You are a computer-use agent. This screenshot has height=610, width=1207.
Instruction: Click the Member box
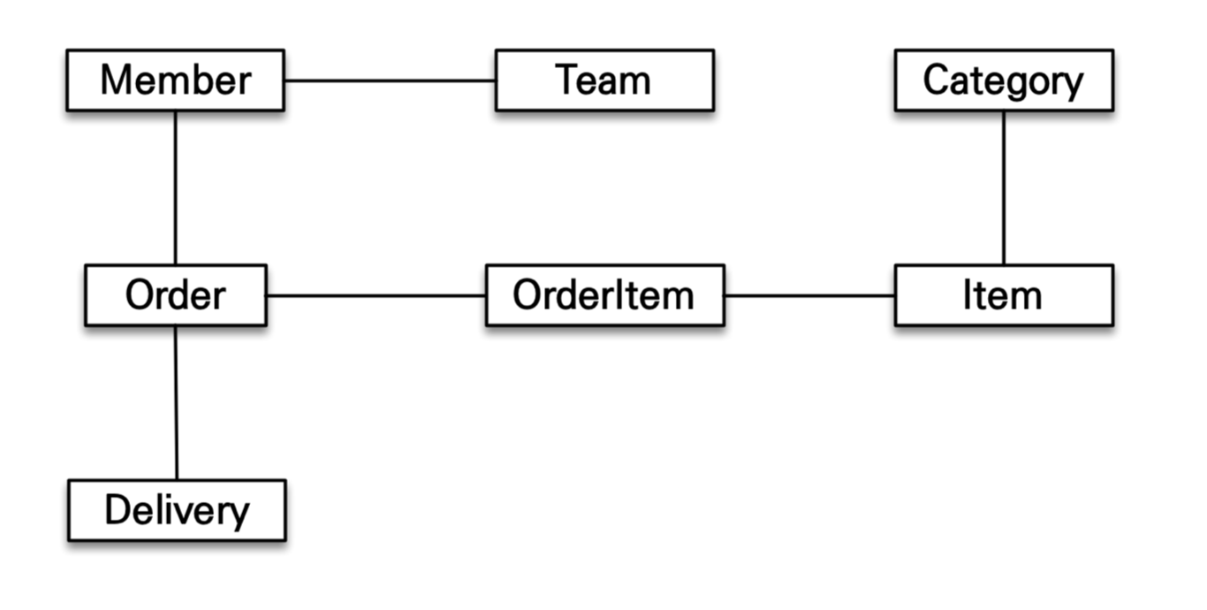tap(176, 80)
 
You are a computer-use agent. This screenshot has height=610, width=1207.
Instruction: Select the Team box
tap(604, 80)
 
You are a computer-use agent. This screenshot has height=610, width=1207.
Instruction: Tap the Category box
tap(1004, 80)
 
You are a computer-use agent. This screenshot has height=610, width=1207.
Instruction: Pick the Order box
tap(176, 295)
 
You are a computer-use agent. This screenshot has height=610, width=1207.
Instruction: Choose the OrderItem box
tap(605, 295)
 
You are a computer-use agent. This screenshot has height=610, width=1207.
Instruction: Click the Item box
tap(1004, 295)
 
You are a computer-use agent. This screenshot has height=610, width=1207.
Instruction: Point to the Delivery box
tap(177, 510)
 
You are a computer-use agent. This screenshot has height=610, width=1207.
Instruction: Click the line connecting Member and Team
tap(391, 81)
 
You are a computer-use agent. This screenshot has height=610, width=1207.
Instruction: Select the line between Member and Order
tap(175, 187)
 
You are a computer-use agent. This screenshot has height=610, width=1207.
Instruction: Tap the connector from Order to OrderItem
tap(376, 295)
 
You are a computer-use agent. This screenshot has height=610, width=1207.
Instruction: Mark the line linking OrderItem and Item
tap(809, 295)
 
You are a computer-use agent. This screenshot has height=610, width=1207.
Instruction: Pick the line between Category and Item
tap(1003, 187)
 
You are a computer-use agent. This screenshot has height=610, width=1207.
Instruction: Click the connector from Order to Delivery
tap(176, 402)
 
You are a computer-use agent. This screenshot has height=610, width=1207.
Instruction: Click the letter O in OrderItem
tap(528, 294)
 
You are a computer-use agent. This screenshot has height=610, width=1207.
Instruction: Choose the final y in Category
tap(1071, 86)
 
